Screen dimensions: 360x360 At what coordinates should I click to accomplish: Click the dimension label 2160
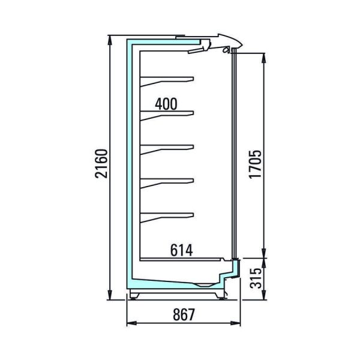click(101, 163)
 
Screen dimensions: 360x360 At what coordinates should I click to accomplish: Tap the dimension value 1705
click(255, 164)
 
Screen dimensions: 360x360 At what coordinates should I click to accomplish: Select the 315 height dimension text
click(256, 278)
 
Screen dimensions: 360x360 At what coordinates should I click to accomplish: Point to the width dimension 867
click(184, 314)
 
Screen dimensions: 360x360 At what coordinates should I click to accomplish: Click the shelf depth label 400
click(166, 104)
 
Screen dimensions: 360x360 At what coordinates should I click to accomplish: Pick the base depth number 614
click(181, 250)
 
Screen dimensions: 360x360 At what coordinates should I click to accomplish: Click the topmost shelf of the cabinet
click(167, 80)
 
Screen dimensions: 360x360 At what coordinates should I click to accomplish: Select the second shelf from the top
click(167, 115)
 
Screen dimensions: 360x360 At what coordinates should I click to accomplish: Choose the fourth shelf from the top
click(167, 182)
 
